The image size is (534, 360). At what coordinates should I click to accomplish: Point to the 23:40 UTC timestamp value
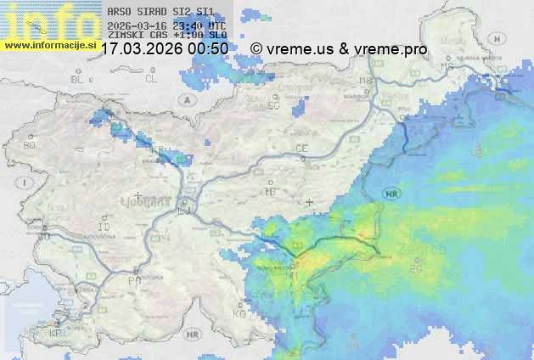coord(200,25)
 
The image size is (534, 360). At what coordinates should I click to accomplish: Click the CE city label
coord(301,149)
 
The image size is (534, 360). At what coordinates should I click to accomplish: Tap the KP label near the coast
coord(55,335)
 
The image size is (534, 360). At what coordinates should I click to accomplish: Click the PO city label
coord(133,279)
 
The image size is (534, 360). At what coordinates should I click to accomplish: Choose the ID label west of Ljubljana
coord(104,228)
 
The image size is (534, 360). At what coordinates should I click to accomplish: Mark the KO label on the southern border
coord(239,313)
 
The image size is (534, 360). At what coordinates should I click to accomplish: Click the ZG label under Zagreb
coord(416,269)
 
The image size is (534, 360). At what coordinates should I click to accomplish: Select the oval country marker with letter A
coord(186,99)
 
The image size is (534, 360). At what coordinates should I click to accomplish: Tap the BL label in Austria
coord(78,79)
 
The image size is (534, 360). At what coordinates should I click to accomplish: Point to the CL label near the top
coord(151,79)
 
